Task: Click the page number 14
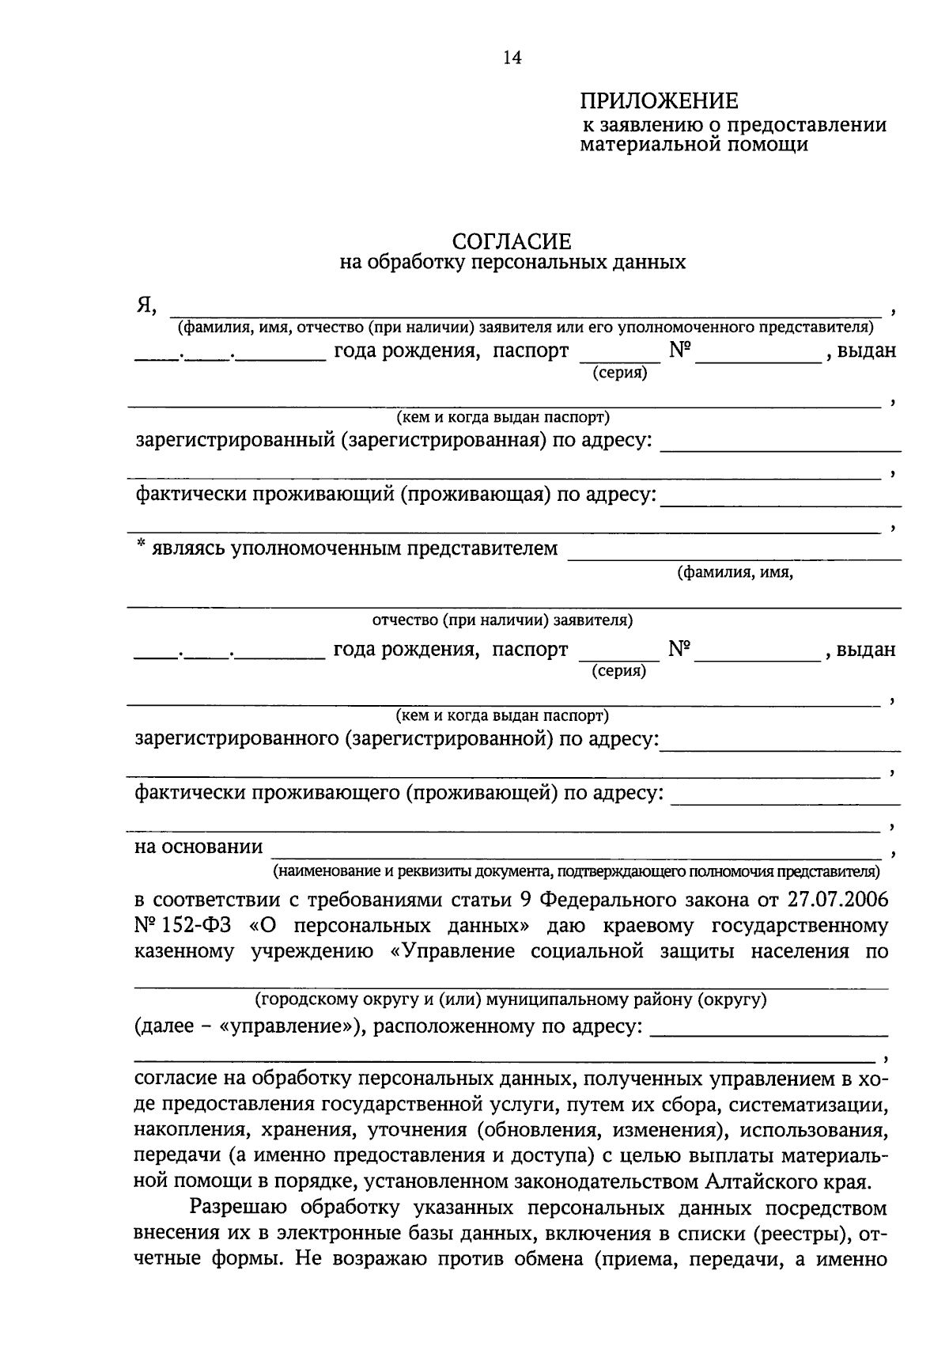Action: point(512,58)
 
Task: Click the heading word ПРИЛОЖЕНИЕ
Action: point(659,101)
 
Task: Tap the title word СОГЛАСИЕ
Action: point(511,241)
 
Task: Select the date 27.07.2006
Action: point(838,901)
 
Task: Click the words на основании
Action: point(198,847)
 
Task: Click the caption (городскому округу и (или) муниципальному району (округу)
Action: point(511,1000)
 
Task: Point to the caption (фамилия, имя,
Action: point(735,573)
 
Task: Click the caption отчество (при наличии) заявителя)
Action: point(502,620)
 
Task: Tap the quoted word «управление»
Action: point(286,1027)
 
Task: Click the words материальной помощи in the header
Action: point(694,146)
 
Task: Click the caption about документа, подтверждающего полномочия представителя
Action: point(577,872)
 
